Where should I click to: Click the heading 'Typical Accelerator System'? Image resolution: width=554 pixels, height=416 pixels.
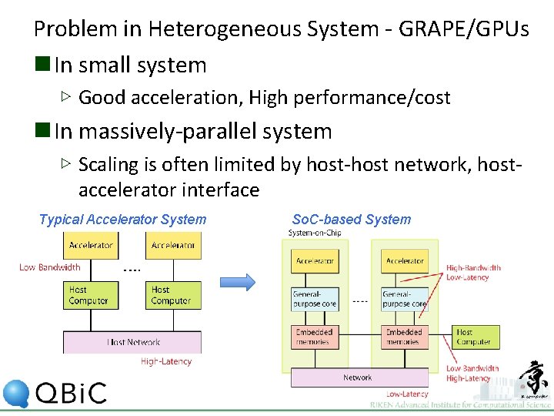point(122,220)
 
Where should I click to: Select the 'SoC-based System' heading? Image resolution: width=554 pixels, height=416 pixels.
point(351,220)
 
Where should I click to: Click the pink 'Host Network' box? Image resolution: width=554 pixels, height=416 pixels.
point(132,342)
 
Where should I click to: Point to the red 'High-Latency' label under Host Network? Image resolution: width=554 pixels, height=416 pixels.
point(165,361)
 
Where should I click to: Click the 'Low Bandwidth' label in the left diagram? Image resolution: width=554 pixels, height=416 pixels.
point(49,268)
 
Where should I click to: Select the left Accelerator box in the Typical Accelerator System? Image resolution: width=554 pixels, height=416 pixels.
point(91,246)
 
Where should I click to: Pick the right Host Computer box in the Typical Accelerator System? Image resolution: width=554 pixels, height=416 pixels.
point(173,295)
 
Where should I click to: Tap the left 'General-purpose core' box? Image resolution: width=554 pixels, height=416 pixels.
point(315,299)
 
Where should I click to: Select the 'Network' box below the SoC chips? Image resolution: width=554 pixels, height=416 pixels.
point(357,377)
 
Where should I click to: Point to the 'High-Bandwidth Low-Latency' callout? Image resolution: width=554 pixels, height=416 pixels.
point(473,273)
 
